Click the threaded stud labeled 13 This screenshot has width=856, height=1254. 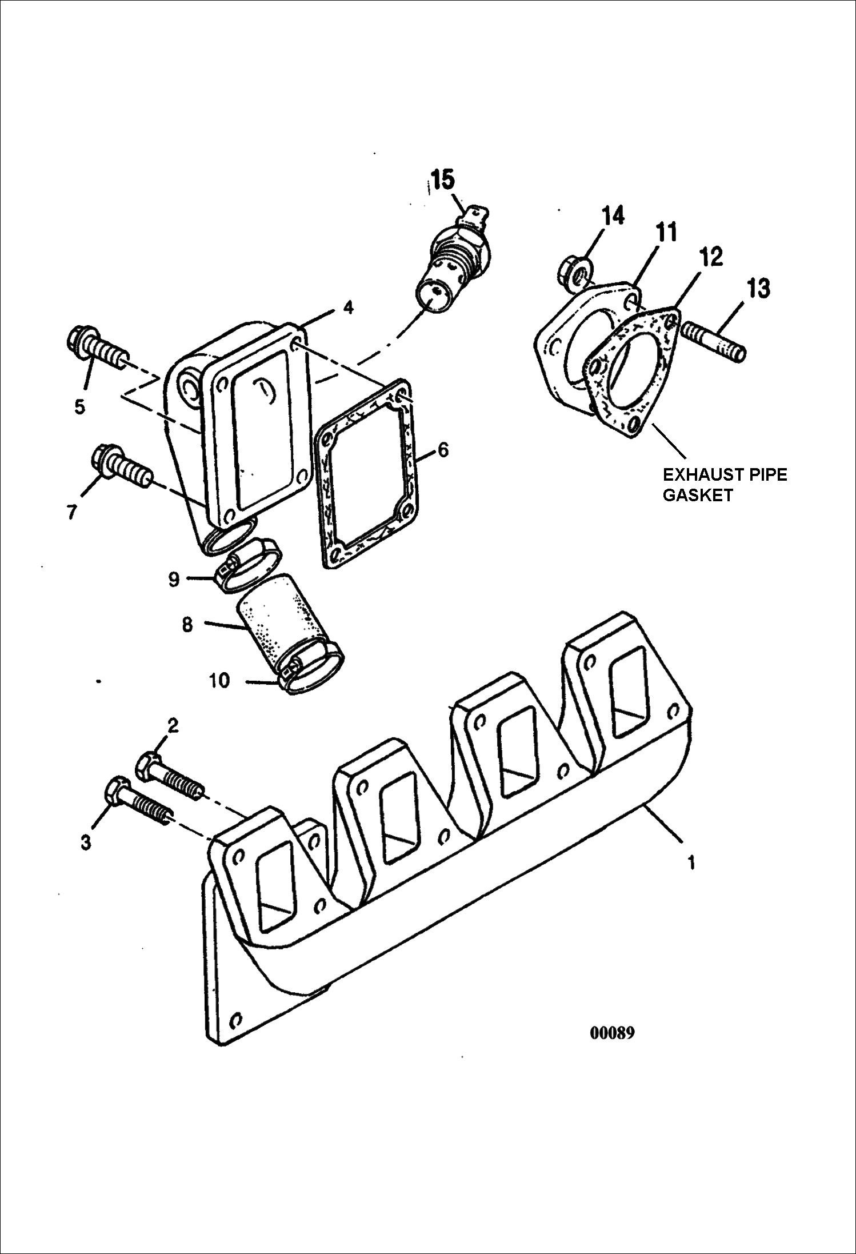714,340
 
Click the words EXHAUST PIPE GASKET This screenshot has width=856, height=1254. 724,485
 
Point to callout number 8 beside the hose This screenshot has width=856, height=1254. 187,625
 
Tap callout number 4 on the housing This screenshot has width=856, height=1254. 348,307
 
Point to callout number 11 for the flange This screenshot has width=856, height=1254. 666,233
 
